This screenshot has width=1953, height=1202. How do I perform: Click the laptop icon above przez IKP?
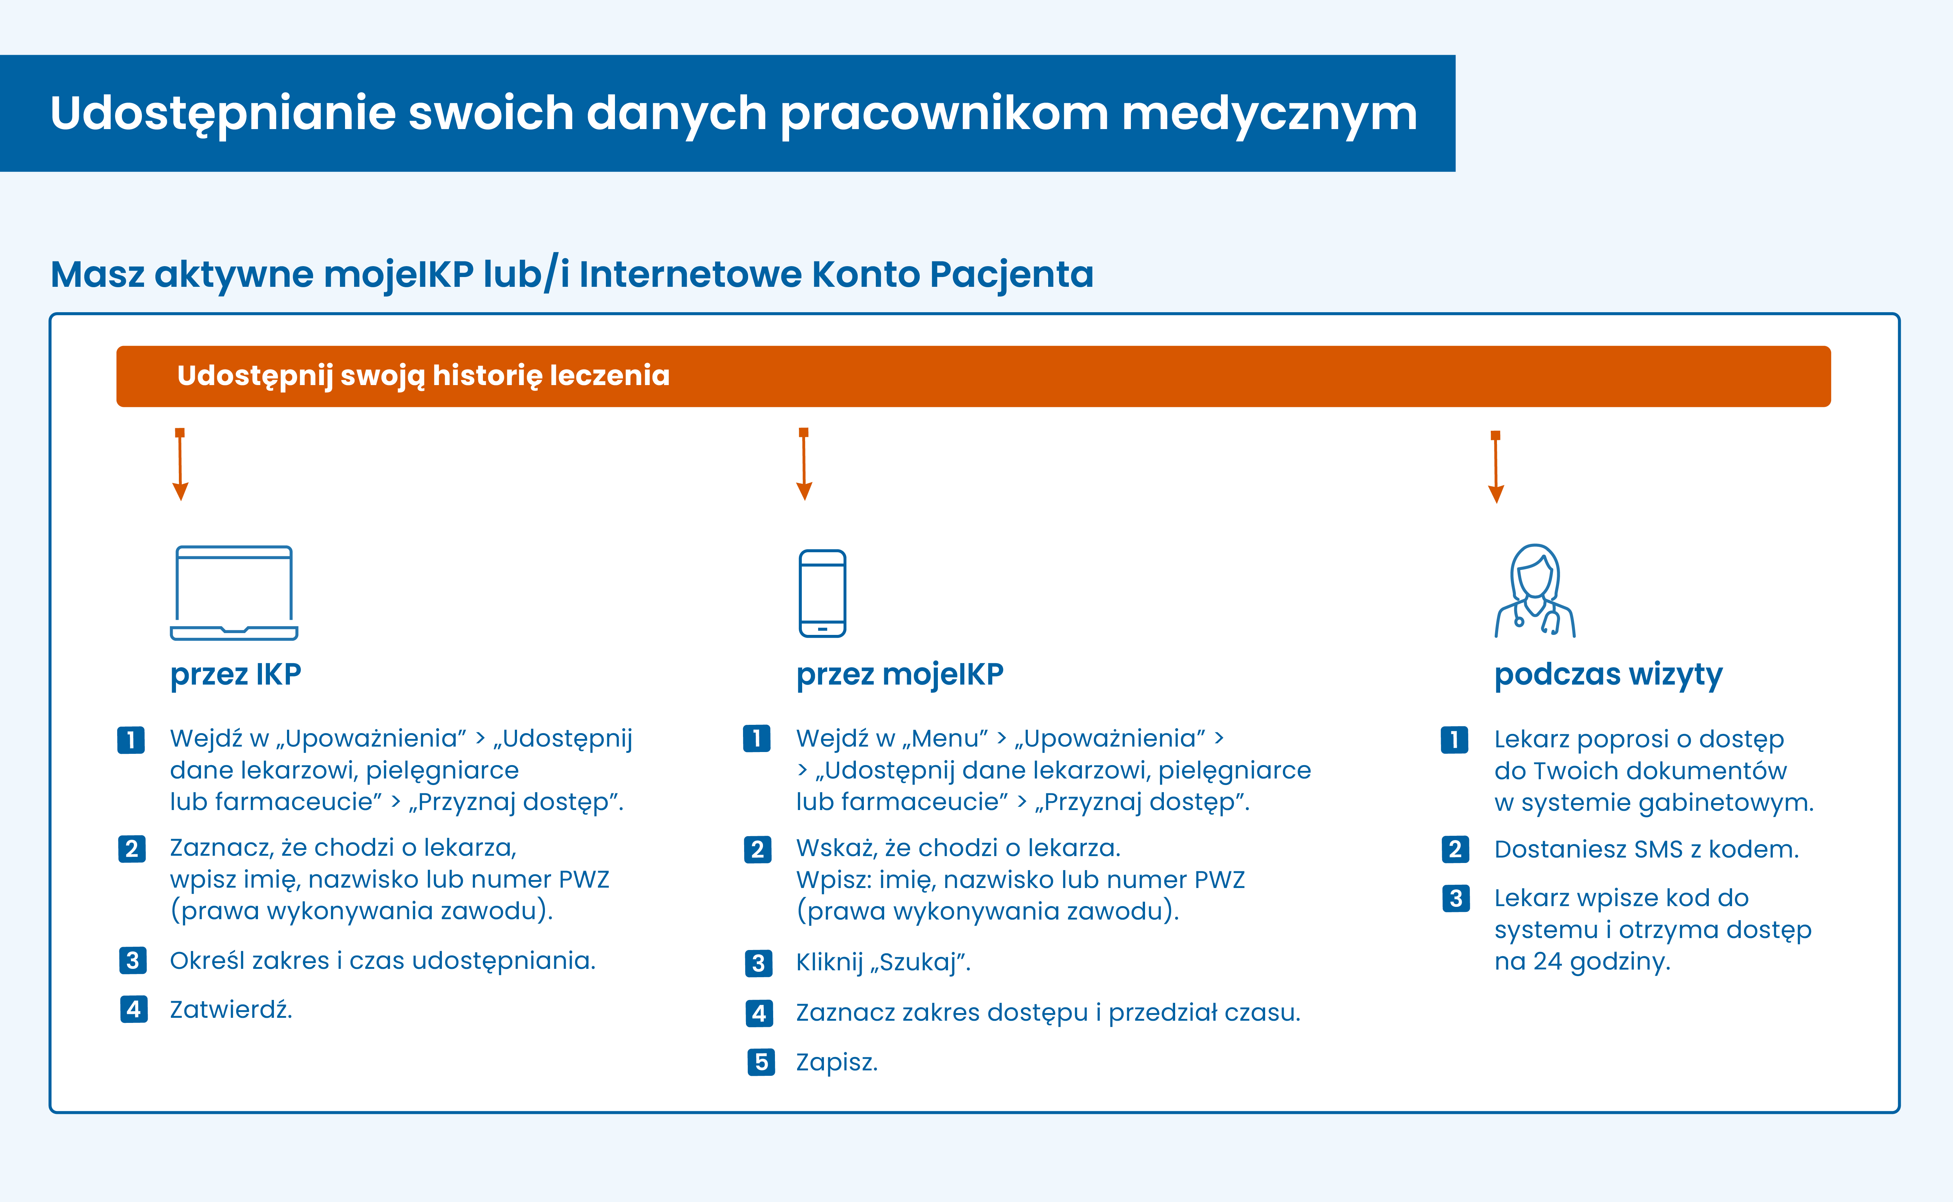[x=234, y=592]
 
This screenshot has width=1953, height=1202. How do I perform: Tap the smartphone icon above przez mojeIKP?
[x=822, y=593]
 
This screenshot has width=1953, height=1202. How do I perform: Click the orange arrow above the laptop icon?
[x=181, y=465]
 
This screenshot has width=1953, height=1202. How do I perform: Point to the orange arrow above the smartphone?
[x=804, y=465]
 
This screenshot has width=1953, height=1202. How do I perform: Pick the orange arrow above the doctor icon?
[x=1496, y=467]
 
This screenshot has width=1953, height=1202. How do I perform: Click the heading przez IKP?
[x=235, y=674]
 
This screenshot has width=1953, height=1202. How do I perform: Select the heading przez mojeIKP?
[x=899, y=674]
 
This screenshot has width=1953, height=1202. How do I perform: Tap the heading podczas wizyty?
[x=1608, y=674]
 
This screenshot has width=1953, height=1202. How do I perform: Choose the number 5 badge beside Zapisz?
[x=761, y=1062]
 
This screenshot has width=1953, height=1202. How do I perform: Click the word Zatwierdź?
[x=231, y=1009]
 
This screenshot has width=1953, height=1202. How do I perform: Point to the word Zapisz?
[x=837, y=1062]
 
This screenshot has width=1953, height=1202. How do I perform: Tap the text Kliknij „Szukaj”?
[x=883, y=963]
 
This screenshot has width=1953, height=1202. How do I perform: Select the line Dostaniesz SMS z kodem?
[x=1646, y=849]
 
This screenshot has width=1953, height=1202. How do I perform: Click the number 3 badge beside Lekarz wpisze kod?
[x=1455, y=898]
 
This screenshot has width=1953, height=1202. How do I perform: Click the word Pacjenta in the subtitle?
[x=1012, y=274]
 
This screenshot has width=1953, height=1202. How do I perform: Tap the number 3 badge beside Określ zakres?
[x=133, y=960]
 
